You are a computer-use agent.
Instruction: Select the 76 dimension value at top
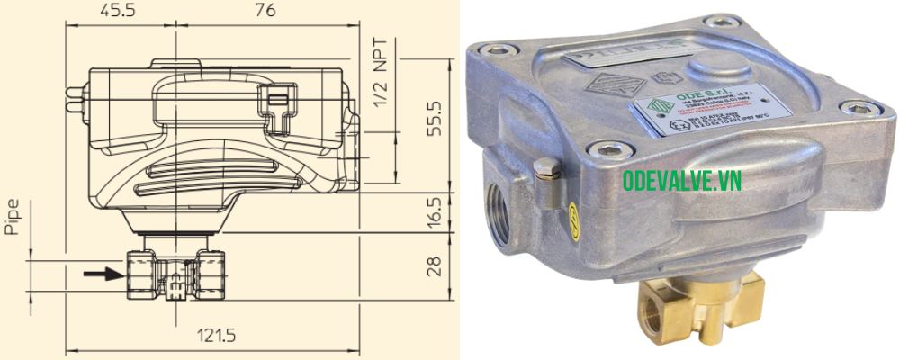coord(264,11)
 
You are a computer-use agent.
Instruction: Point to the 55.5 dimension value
coord(434,118)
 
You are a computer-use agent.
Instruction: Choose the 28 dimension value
coord(434,265)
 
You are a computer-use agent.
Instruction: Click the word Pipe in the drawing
coord(13,215)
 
